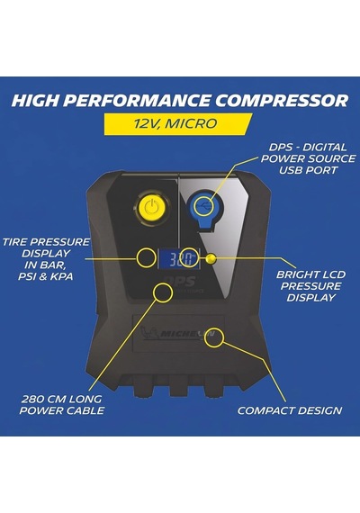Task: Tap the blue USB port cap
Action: pos(203,209)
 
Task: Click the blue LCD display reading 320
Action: pos(179,258)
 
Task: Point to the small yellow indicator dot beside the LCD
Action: pos(211,258)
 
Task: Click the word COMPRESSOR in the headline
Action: pos(282,100)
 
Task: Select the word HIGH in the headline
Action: pos(36,100)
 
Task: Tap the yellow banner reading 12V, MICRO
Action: pos(178,123)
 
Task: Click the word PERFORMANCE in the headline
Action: pos(137,100)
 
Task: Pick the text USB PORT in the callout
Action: pos(308,170)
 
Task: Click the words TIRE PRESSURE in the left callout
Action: pos(46,242)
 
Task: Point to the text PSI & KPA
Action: pos(46,276)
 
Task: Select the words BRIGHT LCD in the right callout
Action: pos(310,274)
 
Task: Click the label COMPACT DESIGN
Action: pos(290,410)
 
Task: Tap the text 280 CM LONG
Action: pos(61,399)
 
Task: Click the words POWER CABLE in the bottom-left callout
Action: pos(62,410)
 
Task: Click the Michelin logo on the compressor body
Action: pos(177,334)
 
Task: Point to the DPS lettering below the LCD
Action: pos(181,281)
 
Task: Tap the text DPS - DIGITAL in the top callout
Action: pos(308,148)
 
